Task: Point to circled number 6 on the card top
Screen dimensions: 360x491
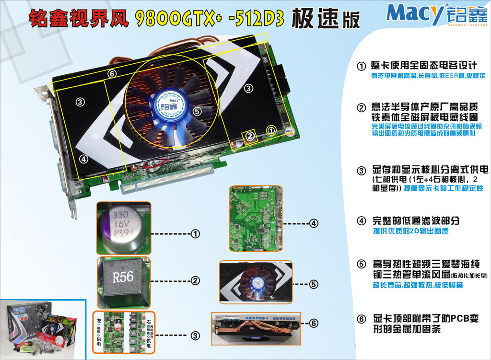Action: (112, 74)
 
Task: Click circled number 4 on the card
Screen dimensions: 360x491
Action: (83, 159)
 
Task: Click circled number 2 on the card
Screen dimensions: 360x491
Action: (249, 137)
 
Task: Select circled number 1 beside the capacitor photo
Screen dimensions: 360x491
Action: (195, 234)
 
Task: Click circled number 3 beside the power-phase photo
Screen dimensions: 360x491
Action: (195, 336)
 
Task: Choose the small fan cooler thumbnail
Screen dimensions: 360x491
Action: (256, 283)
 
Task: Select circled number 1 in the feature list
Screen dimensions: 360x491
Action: (362, 65)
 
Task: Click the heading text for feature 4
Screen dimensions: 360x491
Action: (416, 221)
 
